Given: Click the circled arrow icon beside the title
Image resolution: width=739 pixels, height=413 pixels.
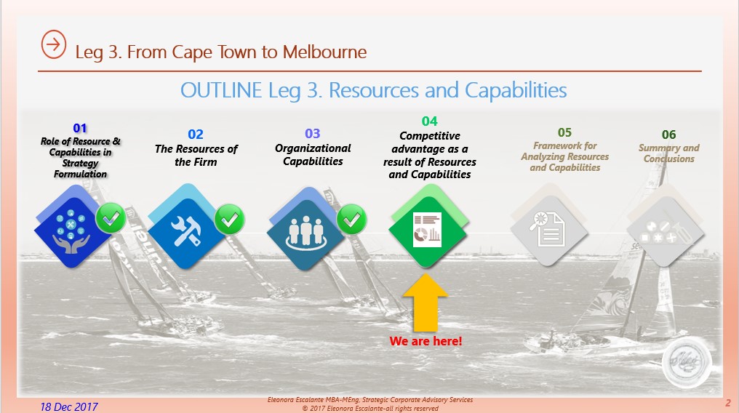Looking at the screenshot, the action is tap(54, 44).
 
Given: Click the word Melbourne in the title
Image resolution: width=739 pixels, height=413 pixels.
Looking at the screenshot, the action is tap(324, 52).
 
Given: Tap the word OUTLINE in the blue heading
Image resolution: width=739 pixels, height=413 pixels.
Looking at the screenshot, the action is tap(221, 90).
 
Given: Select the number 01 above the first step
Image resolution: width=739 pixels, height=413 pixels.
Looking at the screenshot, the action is tap(80, 128).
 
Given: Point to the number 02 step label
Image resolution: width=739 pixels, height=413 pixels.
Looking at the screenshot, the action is tap(196, 135).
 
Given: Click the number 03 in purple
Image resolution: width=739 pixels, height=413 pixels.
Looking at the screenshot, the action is tap(313, 133).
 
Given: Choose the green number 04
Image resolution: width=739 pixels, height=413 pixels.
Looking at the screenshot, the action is tap(429, 121).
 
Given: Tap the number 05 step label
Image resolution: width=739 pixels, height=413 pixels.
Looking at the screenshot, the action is tap(564, 132).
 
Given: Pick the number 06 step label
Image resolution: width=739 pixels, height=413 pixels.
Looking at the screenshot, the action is tap(668, 135).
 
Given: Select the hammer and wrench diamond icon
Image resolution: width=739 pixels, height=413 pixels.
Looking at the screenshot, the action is tap(186, 227).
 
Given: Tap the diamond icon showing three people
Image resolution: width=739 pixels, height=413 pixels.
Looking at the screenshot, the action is tap(305, 229).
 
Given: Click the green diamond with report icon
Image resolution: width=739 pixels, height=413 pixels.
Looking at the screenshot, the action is tap(428, 227).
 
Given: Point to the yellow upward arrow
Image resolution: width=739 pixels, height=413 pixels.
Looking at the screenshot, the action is tap(425, 302).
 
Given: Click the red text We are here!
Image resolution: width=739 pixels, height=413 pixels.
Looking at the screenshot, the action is tap(426, 341).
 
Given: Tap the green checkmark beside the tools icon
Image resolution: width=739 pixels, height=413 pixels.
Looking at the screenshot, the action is tap(230, 219).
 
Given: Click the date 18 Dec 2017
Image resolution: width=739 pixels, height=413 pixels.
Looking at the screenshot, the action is tap(69, 407).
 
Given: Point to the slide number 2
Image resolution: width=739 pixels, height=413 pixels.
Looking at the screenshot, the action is tap(728, 403).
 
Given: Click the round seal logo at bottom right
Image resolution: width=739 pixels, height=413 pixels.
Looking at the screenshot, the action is tap(686, 362).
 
